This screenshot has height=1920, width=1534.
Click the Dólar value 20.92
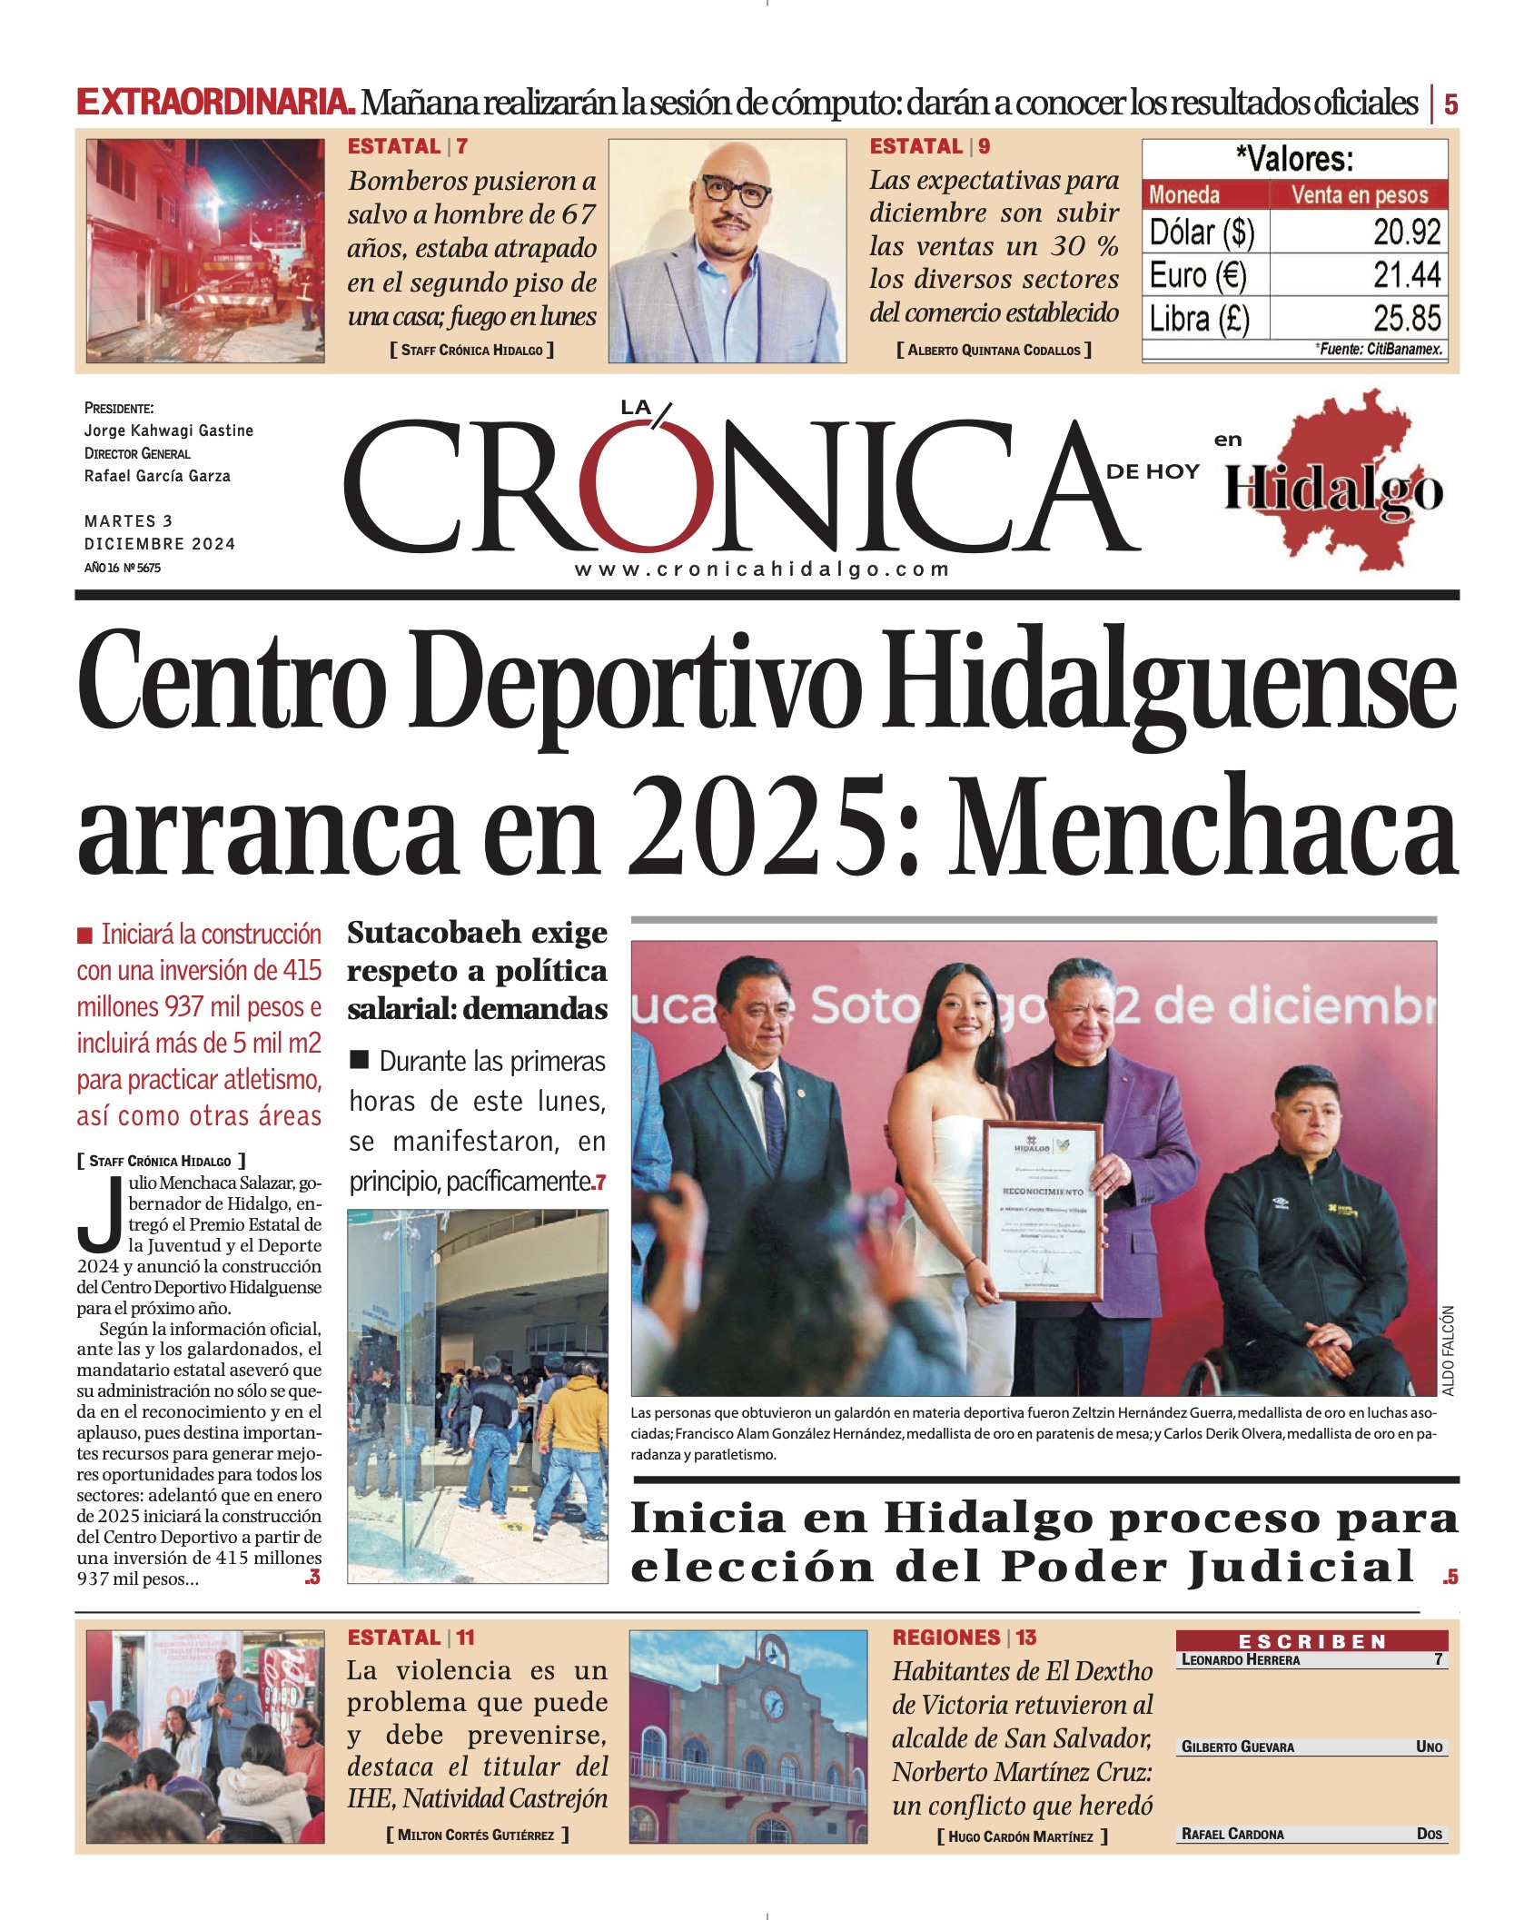1406,233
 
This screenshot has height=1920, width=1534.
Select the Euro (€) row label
1197,275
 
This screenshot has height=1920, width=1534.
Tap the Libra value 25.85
1406,319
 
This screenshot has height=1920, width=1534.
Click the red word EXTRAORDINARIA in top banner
214,103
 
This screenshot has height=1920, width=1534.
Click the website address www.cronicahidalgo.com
761,569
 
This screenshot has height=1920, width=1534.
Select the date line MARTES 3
128,521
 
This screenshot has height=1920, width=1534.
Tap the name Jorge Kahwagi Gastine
168,431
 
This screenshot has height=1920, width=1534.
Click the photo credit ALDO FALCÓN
1448,1351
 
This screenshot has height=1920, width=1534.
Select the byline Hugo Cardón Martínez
1021,1836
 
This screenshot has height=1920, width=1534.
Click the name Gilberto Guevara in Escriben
1237,1747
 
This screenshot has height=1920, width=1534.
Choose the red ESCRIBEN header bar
1311,1641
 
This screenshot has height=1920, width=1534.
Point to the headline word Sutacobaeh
435,933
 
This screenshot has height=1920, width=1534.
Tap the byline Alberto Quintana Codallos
994,350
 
